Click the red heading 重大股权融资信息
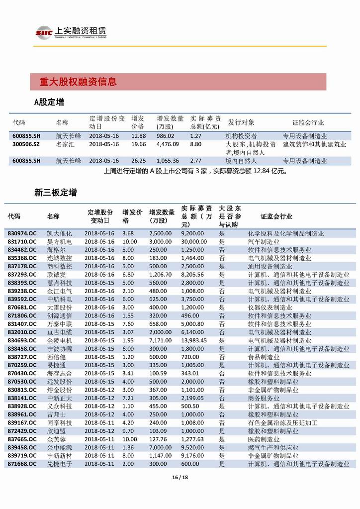click(x=79, y=82)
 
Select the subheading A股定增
click(x=49, y=102)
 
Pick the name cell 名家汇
click(x=65, y=144)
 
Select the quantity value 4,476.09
click(x=168, y=144)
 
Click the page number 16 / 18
click(x=180, y=478)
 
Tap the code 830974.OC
click(x=22, y=233)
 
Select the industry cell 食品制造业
click(x=264, y=357)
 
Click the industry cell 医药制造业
click(x=264, y=439)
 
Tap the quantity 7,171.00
click(x=161, y=340)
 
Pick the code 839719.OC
click(x=22, y=455)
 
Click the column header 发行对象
click(x=241, y=122)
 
